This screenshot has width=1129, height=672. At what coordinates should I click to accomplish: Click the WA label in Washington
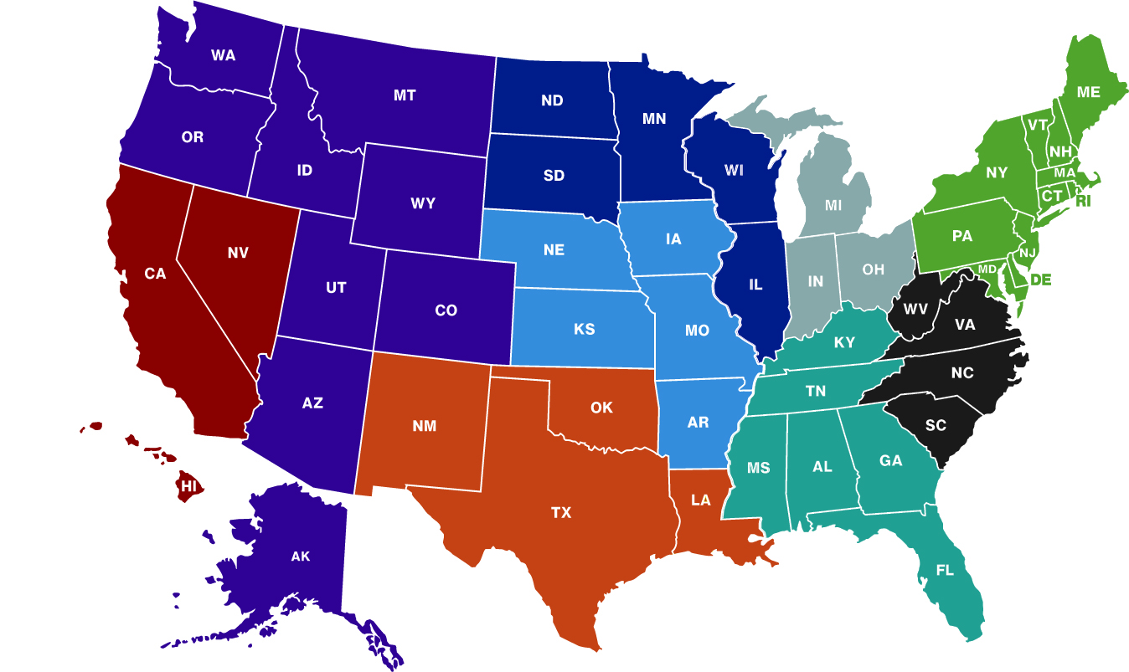(x=223, y=55)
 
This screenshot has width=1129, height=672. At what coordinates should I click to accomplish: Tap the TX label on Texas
(x=561, y=512)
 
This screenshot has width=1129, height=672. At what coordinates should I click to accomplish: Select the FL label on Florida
(x=945, y=571)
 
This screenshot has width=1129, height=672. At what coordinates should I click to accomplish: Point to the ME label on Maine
(x=1089, y=93)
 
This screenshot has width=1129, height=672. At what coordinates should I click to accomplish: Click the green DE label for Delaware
(x=1040, y=280)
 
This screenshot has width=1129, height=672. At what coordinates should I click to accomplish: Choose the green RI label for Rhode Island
(x=1084, y=201)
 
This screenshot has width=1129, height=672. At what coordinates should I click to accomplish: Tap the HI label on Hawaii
(x=188, y=485)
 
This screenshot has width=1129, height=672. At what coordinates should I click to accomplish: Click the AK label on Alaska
(x=301, y=557)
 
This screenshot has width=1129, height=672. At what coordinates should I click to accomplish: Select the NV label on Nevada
(x=238, y=252)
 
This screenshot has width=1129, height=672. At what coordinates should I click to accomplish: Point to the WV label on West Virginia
(x=914, y=309)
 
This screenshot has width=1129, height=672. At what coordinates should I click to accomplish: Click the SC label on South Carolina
(x=936, y=425)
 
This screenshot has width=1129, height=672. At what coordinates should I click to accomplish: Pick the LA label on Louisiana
(x=701, y=500)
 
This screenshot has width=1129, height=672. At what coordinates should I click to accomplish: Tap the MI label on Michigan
(x=833, y=205)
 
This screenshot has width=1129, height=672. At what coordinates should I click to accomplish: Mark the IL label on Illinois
(x=755, y=285)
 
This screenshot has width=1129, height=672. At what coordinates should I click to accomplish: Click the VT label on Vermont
(x=1038, y=125)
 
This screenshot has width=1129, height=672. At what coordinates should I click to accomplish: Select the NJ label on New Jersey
(x=1028, y=252)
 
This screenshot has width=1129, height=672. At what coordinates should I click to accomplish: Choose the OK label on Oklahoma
(x=601, y=408)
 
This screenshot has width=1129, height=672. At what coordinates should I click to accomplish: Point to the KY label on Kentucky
(x=844, y=342)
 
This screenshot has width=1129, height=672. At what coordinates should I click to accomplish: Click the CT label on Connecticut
(x=1051, y=195)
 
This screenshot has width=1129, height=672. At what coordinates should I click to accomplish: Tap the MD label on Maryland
(x=988, y=269)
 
